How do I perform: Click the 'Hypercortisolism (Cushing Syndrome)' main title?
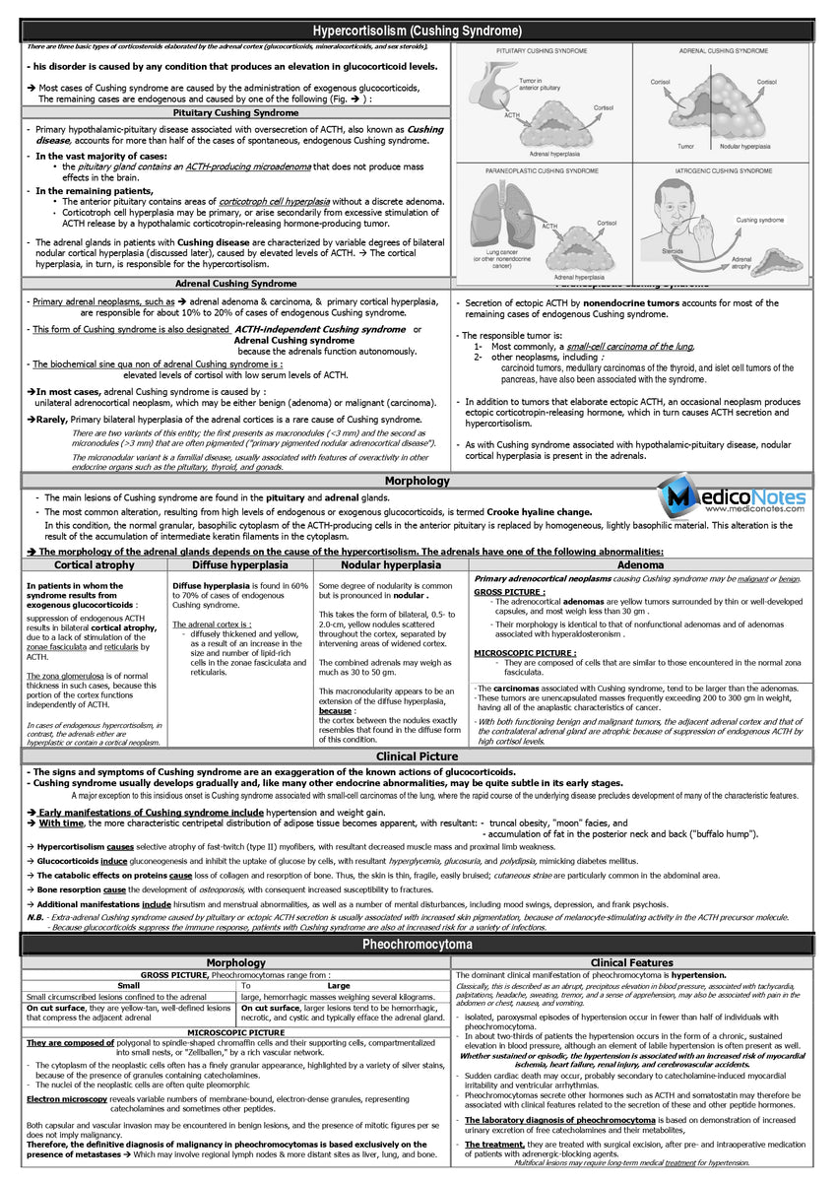point(417,32)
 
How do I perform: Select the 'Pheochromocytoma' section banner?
point(417,944)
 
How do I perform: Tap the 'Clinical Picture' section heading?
point(418,756)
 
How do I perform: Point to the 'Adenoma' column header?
point(640,565)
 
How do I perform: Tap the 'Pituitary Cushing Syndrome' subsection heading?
point(235,112)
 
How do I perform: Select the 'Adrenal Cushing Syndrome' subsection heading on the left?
point(235,283)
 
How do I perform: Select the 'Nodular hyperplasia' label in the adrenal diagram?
point(744,146)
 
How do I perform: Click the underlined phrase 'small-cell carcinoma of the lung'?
point(629,347)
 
